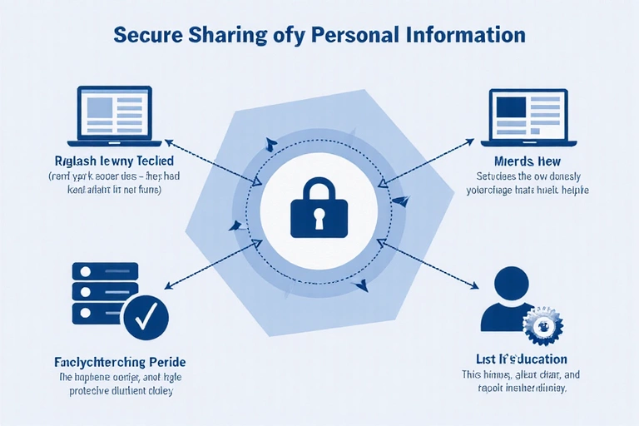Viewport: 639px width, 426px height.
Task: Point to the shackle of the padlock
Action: pos(319,189)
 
